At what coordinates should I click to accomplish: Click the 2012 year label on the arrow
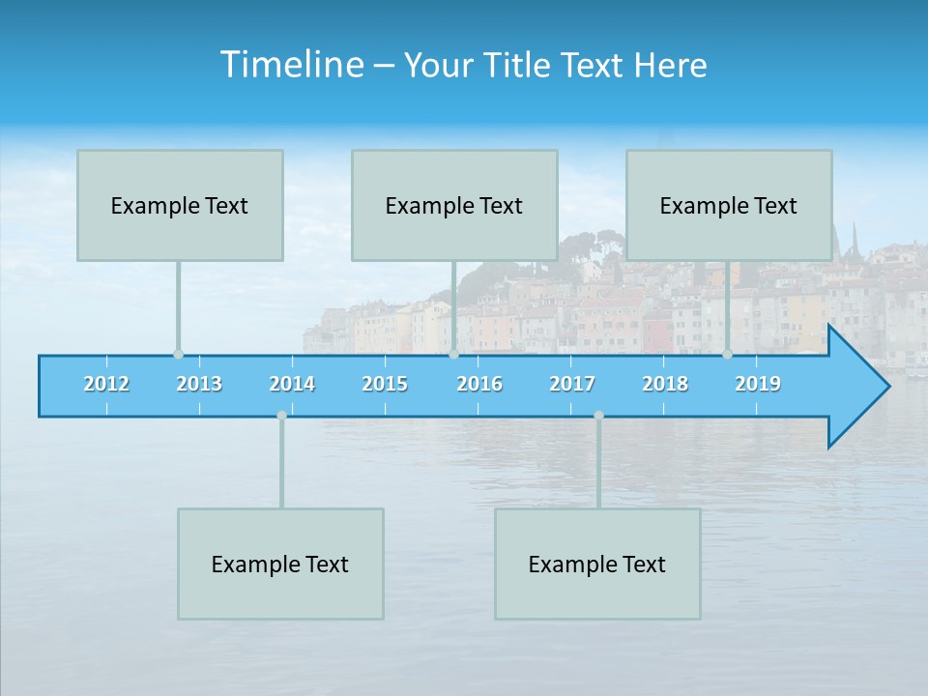[x=106, y=385]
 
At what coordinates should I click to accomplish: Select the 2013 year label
[x=199, y=385]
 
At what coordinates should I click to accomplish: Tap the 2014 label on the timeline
[x=292, y=385]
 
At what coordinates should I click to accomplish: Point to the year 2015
[x=385, y=385]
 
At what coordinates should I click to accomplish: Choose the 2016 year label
[x=479, y=385]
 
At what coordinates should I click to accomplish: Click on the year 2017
[x=572, y=385]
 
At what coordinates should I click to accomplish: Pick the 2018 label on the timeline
[x=665, y=385]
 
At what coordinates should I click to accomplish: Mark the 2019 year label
[x=758, y=385]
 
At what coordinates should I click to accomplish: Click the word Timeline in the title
[x=290, y=65]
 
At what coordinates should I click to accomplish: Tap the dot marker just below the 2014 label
[x=281, y=416]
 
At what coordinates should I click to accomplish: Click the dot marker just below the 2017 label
[x=598, y=416]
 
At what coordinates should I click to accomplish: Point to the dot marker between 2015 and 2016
[x=453, y=354]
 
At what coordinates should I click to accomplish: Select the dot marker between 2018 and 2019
[x=728, y=354]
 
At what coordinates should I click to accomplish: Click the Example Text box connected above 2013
[x=180, y=205]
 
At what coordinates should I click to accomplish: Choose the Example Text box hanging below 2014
[x=280, y=564]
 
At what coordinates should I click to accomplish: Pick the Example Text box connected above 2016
[x=454, y=205]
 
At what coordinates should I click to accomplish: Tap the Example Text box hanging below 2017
[x=597, y=564]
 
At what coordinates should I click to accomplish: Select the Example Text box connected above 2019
[x=729, y=205]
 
